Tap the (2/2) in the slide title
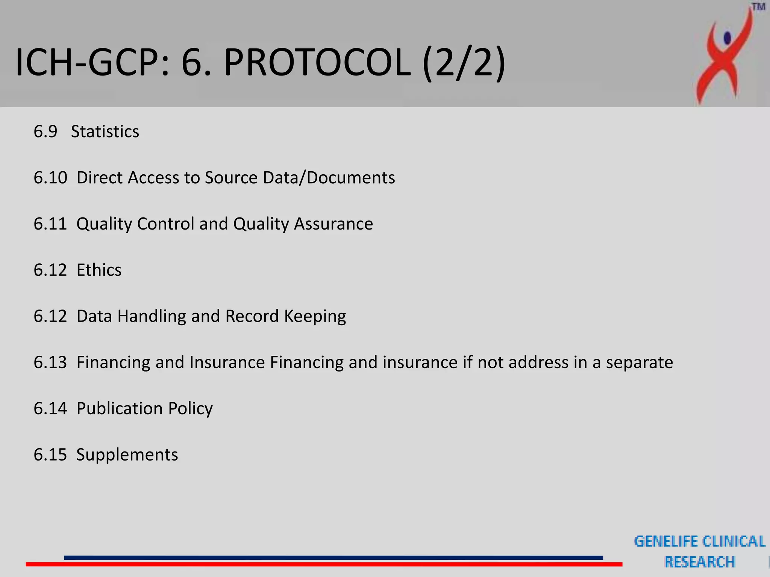pyautogui.click(x=464, y=62)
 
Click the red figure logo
pyautogui.click(x=724, y=56)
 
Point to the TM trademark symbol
pyautogui.click(x=758, y=7)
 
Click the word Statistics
pyautogui.click(x=105, y=132)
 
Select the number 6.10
pyautogui.click(x=50, y=178)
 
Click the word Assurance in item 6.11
pyautogui.click(x=333, y=224)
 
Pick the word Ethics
pyautogui.click(x=99, y=270)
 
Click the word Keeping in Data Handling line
pyautogui.click(x=315, y=316)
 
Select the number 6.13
pyautogui.click(x=50, y=363)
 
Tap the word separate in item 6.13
pyautogui.click(x=639, y=363)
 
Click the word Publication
pyautogui.click(x=120, y=409)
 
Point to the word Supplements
pyautogui.click(x=127, y=455)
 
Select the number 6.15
pyautogui.click(x=50, y=455)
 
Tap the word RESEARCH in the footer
pyautogui.click(x=699, y=562)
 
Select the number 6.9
pyautogui.click(x=45, y=132)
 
